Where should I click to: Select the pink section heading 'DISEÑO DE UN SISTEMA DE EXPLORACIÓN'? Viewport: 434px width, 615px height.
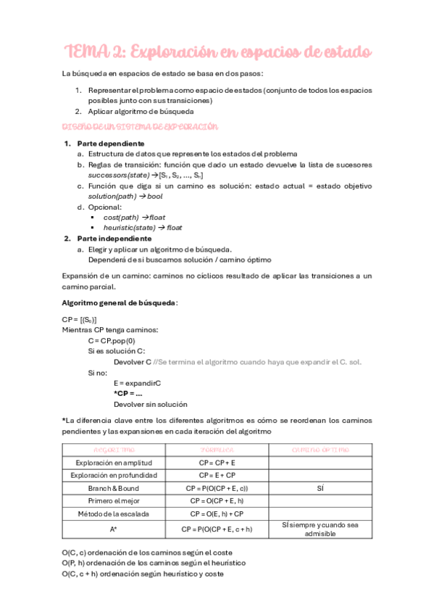(x=128, y=126)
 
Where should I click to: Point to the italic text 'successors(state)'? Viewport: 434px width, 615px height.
(x=118, y=176)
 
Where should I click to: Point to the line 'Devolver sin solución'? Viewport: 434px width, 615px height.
(x=150, y=404)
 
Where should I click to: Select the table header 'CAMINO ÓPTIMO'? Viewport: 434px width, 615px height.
(x=320, y=450)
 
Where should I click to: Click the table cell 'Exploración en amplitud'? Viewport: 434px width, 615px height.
(x=114, y=463)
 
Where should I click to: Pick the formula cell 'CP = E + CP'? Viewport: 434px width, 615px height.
(x=217, y=476)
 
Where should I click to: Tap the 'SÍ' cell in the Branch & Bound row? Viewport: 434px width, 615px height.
(x=320, y=489)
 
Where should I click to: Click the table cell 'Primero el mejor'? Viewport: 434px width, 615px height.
(x=114, y=501)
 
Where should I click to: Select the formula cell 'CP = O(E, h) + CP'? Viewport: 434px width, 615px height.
(x=217, y=514)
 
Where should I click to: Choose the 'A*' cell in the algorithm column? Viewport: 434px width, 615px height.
(x=114, y=529)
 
